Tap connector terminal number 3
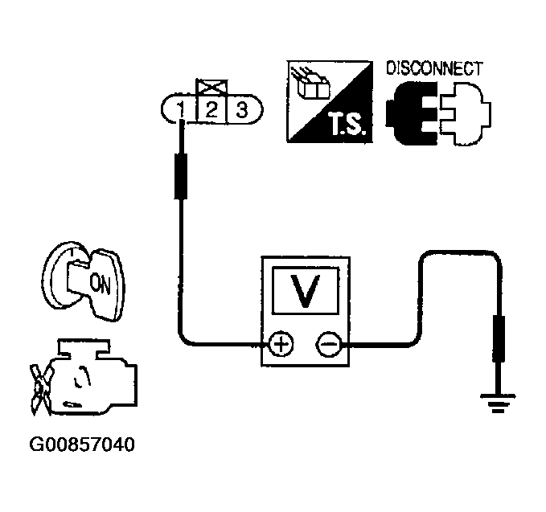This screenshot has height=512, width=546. pos(240,109)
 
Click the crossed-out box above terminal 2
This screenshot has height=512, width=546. pos(211,86)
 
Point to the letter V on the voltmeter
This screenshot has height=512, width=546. pos(303,293)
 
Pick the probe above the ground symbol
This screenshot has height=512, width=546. pos(499,338)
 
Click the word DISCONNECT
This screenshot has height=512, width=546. pos(434,68)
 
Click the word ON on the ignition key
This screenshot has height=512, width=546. pos(101,282)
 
